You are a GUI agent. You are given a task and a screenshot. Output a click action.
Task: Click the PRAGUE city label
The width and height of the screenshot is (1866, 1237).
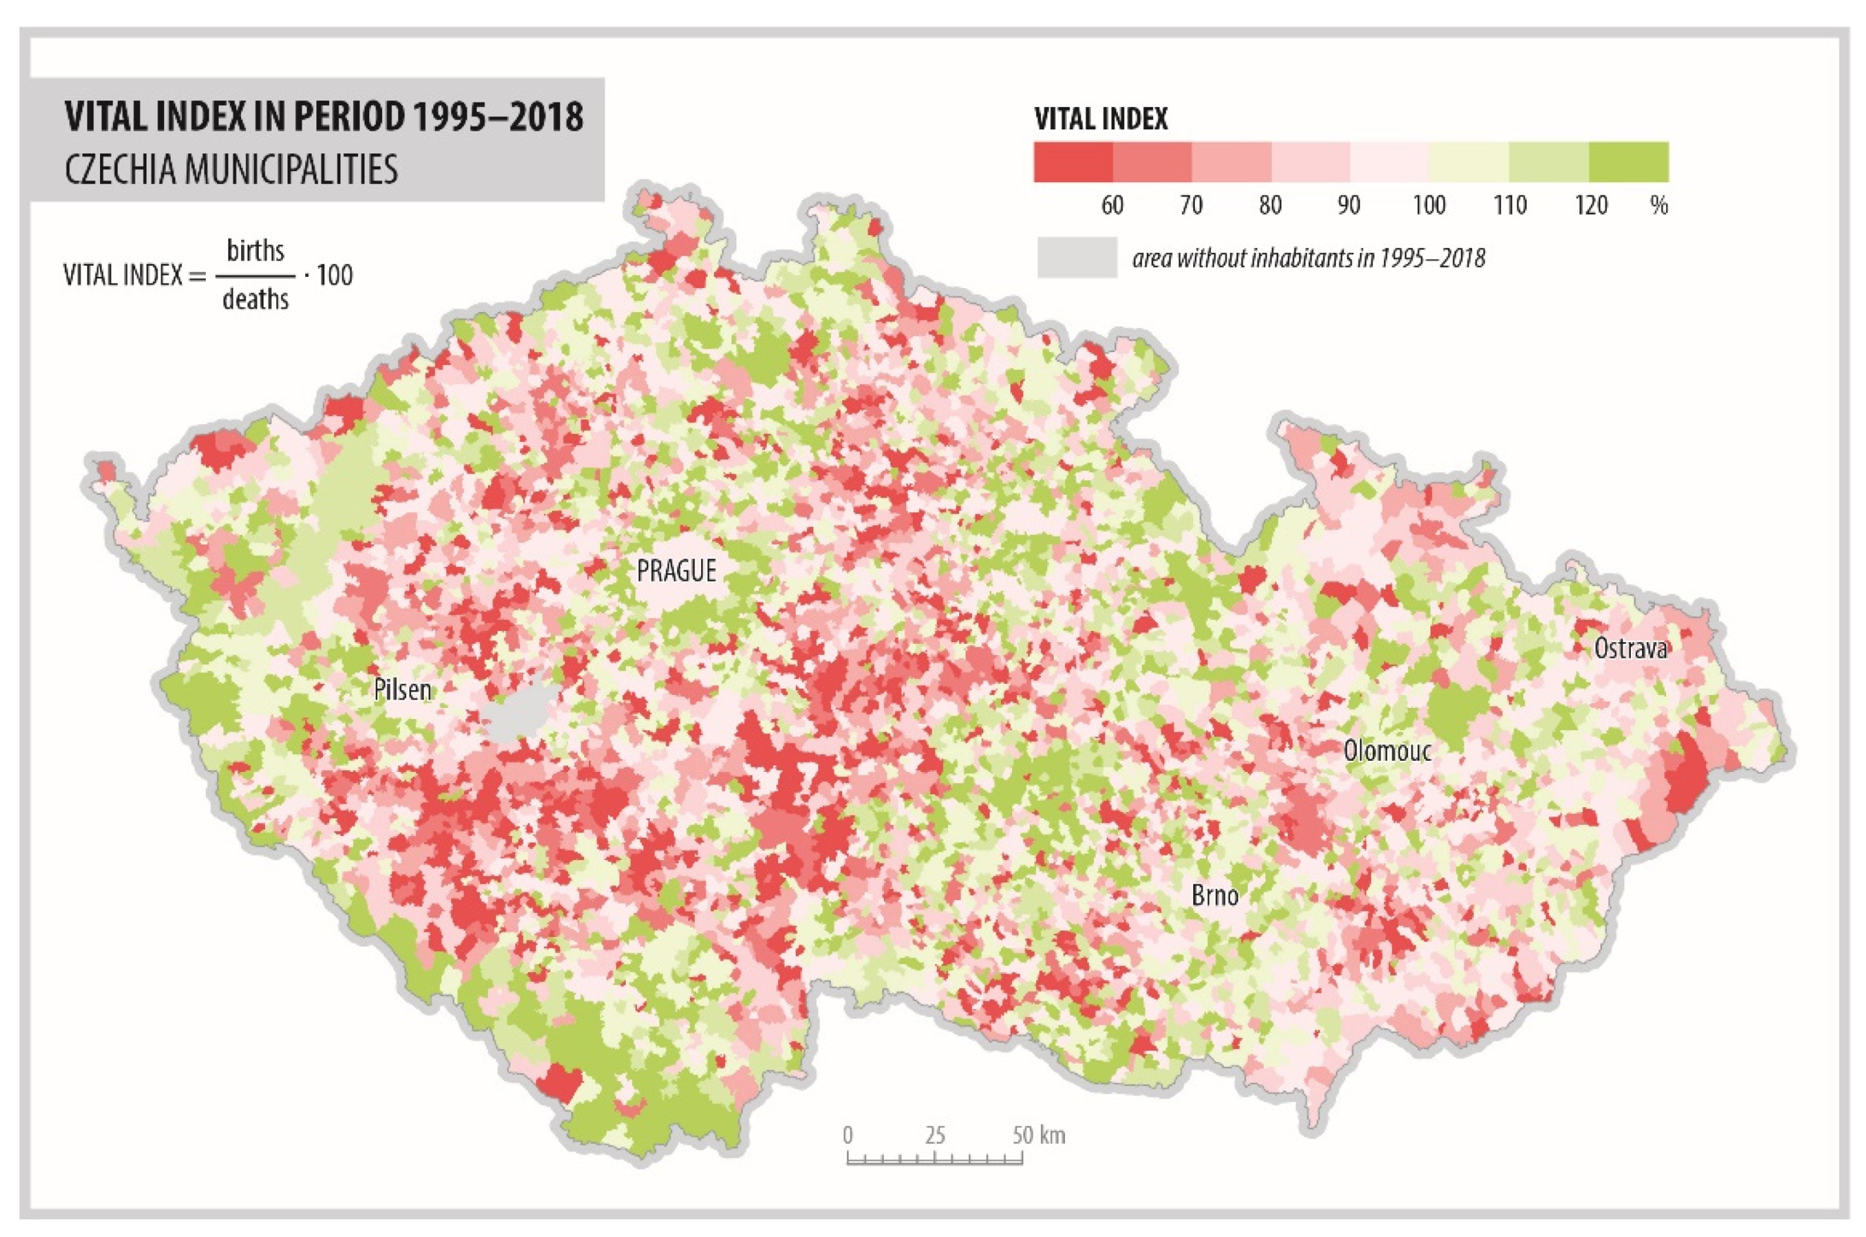pos(676,570)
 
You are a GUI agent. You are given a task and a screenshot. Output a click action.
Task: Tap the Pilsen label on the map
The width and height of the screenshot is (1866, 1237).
pos(402,690)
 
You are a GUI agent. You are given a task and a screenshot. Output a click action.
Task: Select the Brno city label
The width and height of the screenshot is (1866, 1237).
pos(1215,895)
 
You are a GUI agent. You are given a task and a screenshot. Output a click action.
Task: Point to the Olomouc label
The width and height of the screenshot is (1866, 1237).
pos(1387,750)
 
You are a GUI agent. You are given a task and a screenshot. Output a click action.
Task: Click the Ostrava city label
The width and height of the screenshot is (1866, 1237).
pos(1631,649)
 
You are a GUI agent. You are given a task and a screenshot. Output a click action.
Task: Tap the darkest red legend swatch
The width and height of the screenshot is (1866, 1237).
pos(1072,163)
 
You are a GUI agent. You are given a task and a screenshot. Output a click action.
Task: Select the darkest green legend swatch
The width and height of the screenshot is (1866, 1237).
pos(1628,163)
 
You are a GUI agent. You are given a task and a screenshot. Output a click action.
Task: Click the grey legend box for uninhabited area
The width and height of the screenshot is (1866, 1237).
pos(1076,257)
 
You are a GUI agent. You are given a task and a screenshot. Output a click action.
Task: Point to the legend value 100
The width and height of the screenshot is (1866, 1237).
pos(1428,206)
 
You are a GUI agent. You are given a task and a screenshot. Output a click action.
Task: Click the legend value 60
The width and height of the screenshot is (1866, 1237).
pos(1112,206)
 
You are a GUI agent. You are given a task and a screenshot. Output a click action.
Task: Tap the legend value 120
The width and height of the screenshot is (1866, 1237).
pos(1591,206)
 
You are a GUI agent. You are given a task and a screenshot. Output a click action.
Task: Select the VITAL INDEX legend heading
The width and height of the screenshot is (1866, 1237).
pos(1101,119)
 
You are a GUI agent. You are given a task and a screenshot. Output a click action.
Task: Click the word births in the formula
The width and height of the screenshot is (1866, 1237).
pos(255,251)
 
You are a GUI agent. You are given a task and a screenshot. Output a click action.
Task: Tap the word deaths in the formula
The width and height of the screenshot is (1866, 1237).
pos(255,300)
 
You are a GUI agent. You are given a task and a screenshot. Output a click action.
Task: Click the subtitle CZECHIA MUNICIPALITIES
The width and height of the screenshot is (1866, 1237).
pos(231,170)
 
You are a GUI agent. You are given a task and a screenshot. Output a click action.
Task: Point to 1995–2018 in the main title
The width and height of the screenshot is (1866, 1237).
pos(498,117)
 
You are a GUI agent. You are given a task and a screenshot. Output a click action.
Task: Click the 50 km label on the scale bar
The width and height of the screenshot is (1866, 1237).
pos(1038,1136)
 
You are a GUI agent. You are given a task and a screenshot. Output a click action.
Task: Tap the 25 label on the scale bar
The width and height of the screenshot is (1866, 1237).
pos(935,1136)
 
